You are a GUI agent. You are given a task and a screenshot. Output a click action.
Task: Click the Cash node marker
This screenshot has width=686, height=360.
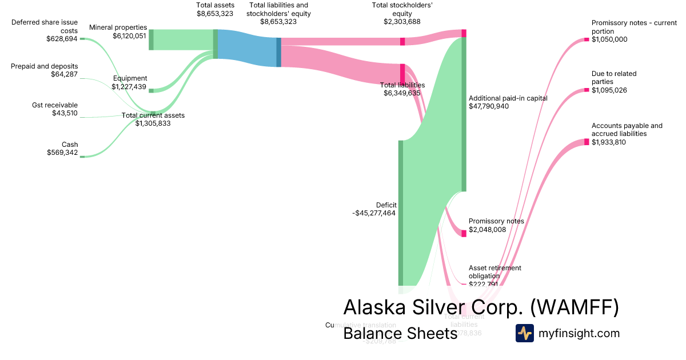pyautogui.click(x=82, y=156)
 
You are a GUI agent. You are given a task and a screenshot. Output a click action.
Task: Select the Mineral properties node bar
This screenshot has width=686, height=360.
pyautogui.click(x=151, y=39)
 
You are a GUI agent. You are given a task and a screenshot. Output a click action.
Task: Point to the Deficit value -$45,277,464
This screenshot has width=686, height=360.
pyautogui.click(x=374, y=213)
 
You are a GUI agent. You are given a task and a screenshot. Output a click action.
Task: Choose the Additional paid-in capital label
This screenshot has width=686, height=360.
pyautogui.click(x=508, y=98)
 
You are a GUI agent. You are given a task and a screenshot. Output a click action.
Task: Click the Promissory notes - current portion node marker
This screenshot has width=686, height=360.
pyautogui.click(x=587, y=39)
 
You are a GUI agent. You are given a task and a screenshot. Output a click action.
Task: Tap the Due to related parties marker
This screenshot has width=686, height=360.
pyautogui.click(x=587, y=89)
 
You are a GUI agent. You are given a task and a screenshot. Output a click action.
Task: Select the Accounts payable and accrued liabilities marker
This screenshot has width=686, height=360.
pyautogui.click(x=587, y=142)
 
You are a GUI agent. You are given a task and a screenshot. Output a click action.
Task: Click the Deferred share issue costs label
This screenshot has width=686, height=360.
pyautogui.click(x=45, y=26)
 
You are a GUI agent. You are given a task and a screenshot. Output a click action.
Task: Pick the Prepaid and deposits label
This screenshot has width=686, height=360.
pyautogui.click(x=45, y=66)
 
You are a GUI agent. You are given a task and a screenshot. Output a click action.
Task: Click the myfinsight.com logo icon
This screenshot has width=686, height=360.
pyautogui.click(x=524, y=333)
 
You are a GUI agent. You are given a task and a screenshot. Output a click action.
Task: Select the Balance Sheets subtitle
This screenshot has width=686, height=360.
pyautogui.click(x=400, y=333)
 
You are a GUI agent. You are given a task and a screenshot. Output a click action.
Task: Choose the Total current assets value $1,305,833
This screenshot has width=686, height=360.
pyautogui.click(x=153, y=123)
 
